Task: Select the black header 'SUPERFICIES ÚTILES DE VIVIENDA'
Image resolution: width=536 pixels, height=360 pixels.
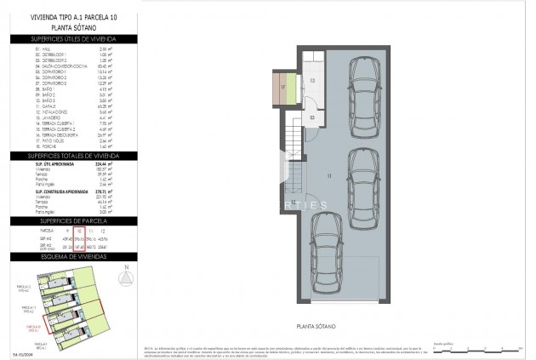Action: tap(72, 39)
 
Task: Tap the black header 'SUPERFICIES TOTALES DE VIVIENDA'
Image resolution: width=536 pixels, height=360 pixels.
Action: tap(72, 157)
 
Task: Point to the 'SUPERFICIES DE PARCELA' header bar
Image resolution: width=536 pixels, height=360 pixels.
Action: tap(72, 220)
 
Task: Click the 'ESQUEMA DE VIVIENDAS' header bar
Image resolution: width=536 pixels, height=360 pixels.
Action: tap(72, 256)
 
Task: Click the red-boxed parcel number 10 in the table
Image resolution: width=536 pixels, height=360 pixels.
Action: tap(78, 231)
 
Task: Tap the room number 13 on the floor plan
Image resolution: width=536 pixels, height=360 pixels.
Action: tap(312, 81)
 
